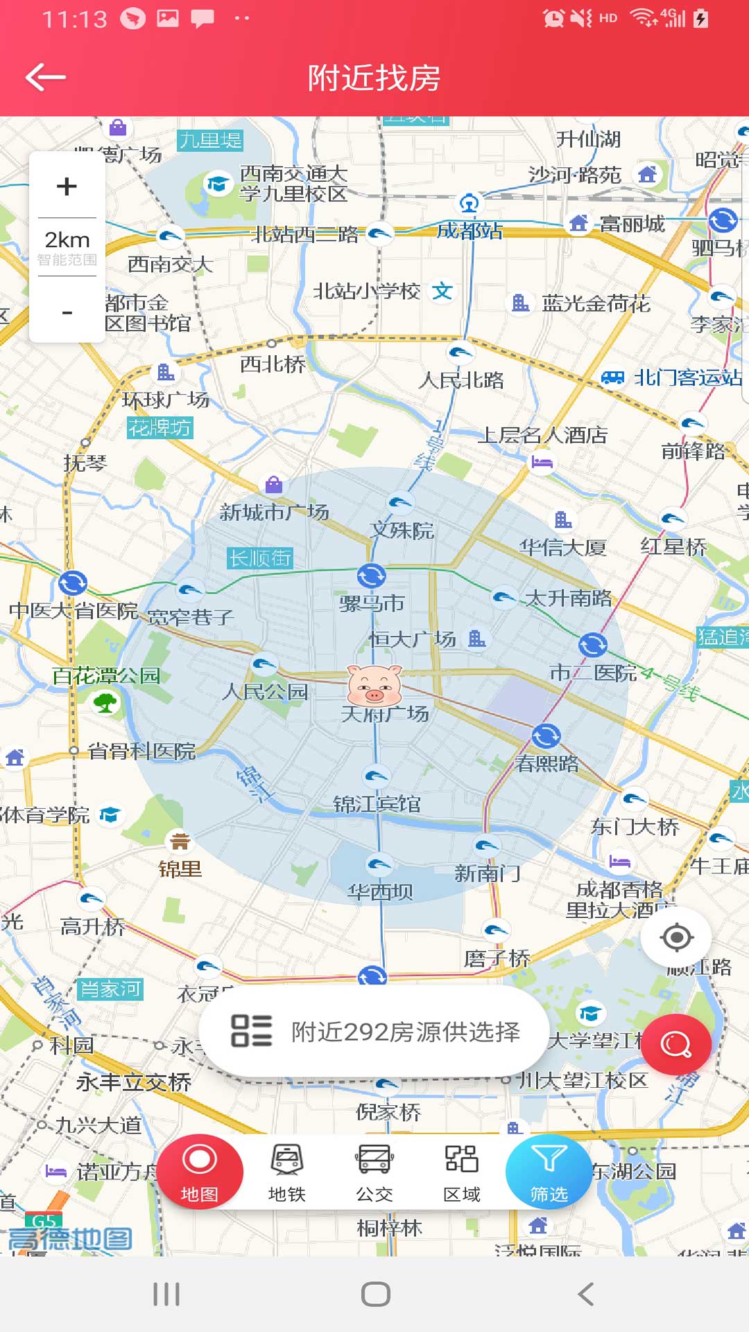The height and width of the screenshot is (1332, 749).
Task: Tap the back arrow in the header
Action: tap(46, 77)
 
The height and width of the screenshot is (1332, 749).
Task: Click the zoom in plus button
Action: tap(67, 186)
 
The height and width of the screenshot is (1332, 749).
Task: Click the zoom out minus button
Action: tap(67, 313)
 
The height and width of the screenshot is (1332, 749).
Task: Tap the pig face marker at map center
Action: tap(374, 685)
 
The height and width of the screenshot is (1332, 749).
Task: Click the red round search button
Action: tap(675, 1044)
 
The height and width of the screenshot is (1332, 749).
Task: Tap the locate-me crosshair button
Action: tap(677, 938)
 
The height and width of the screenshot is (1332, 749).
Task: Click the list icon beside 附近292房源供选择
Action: tap(251, 1031)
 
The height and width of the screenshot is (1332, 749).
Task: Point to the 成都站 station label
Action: tap(470, 230)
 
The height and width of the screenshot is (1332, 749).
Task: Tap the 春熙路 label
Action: tap(547, 763)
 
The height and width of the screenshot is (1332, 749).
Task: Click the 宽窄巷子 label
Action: tap(191, 617)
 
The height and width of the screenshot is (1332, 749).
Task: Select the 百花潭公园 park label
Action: tap(106, 676)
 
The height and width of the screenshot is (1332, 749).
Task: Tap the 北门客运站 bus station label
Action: tap(687, 378)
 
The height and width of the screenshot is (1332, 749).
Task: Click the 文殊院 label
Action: tap(402, 531)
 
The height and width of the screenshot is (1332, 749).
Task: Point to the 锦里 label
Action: tap(180, 868)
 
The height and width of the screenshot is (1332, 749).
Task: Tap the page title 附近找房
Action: tap(374, 78)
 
